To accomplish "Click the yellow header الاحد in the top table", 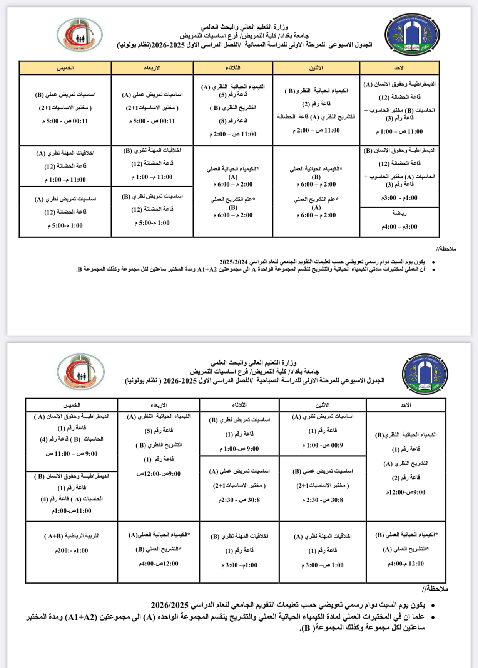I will click(x=399, y=68).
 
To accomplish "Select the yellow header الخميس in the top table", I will click(x=65, y=68).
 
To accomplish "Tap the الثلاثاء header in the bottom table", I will click(x=239, y=405).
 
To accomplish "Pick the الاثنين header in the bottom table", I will click(x=322, y=405).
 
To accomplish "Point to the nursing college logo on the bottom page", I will click(x=81, y=372).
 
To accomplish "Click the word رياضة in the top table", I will click(x=399, y=213).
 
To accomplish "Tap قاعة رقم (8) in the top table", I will click(x=233, y=121).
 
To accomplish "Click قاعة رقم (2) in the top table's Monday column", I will click(x=316, y=103).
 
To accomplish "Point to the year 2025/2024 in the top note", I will click(x=234, y=262).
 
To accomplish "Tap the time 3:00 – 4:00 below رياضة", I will click(x=399, y=227).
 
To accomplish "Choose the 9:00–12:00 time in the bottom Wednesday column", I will click(x=159, y=474).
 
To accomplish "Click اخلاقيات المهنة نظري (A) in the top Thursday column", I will click(x=65, y=153).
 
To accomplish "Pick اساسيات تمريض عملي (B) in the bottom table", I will click(x=323, y=471).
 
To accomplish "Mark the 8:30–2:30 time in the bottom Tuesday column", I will click(x=239, y=500).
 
